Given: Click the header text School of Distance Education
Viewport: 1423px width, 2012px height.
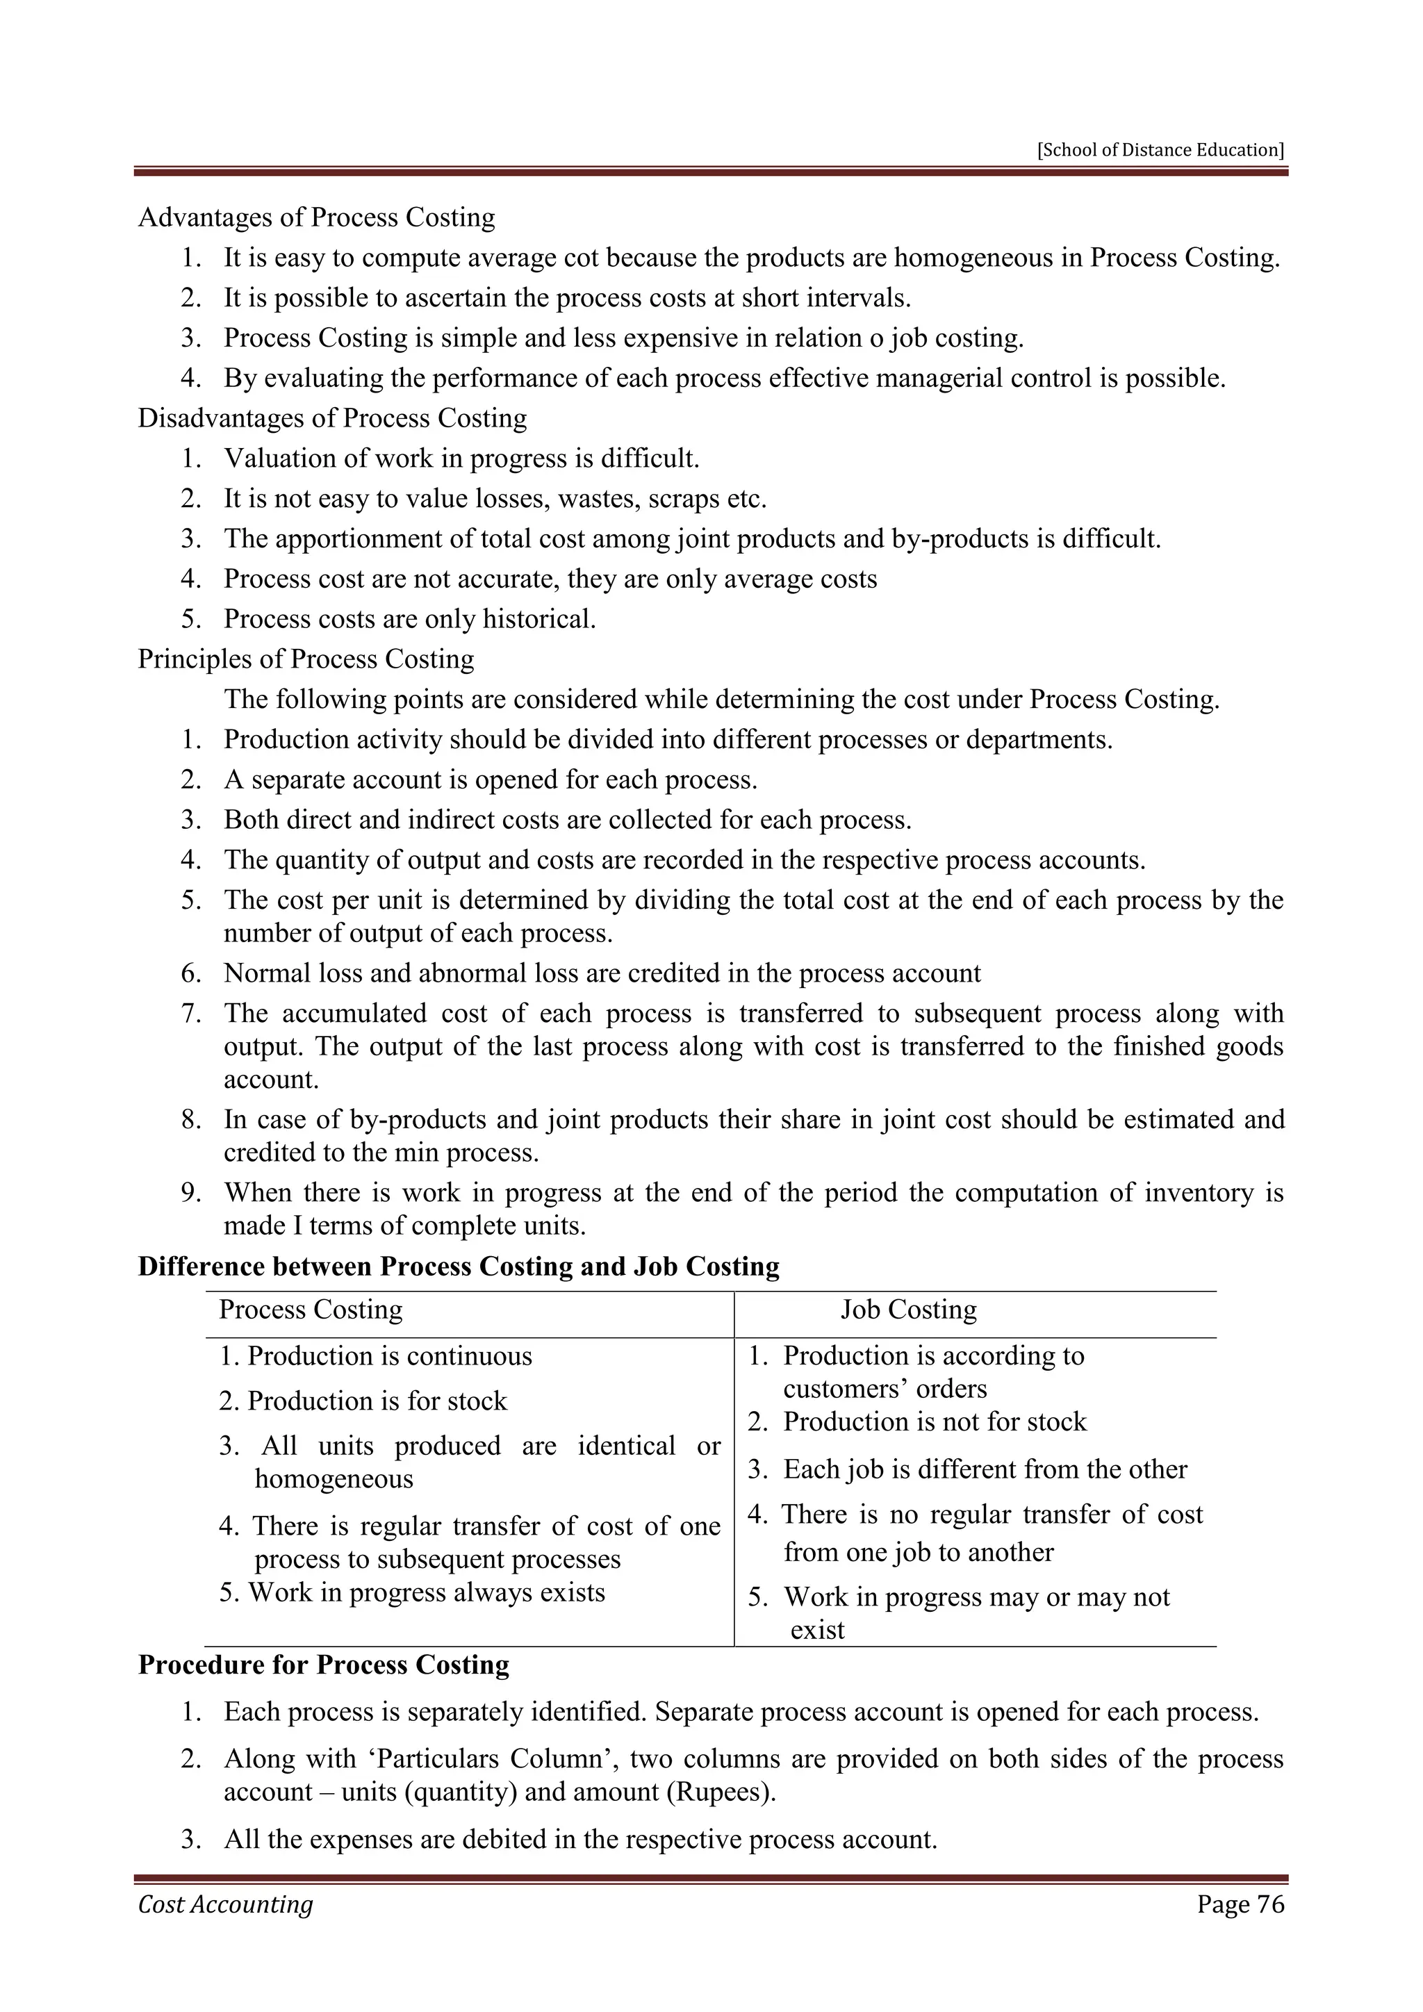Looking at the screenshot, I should point(1160,150).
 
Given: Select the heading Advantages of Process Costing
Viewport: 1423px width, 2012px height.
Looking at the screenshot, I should point(316,217).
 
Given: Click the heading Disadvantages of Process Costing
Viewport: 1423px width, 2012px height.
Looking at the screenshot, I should point(332,418).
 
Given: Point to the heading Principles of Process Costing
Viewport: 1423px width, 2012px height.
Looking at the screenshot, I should point(306,659).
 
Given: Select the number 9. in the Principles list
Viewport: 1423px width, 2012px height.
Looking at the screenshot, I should point(192,1194).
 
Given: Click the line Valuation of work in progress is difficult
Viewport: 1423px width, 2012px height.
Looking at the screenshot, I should point(462,459).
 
